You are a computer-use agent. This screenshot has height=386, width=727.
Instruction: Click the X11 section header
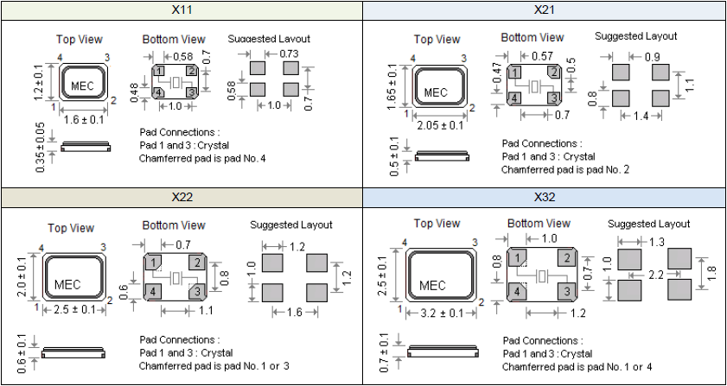click(182, 9)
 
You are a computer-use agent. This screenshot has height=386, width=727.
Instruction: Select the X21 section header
click(544, 9)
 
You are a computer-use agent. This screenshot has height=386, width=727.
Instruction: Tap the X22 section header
click(182, 198)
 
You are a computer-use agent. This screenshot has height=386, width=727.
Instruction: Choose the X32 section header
click(544, 198)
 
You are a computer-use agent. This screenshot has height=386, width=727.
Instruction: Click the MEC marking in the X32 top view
click(432, 285)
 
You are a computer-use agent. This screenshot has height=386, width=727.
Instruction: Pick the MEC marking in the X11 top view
click(82, 86)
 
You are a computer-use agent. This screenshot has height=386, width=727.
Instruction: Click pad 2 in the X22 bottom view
click(197, 263)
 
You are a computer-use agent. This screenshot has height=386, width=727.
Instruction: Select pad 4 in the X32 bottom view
click(517, 292)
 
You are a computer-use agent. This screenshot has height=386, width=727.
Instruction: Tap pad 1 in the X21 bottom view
click(514, 73)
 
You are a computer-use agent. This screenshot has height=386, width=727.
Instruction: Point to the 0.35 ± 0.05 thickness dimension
click(41, 148)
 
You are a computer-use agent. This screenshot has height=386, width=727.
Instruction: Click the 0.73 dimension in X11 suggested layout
click(289, 54)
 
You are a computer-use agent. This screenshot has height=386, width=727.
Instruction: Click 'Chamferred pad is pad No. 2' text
click(565, 170)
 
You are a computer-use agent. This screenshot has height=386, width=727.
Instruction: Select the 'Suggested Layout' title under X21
click(635, 35)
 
